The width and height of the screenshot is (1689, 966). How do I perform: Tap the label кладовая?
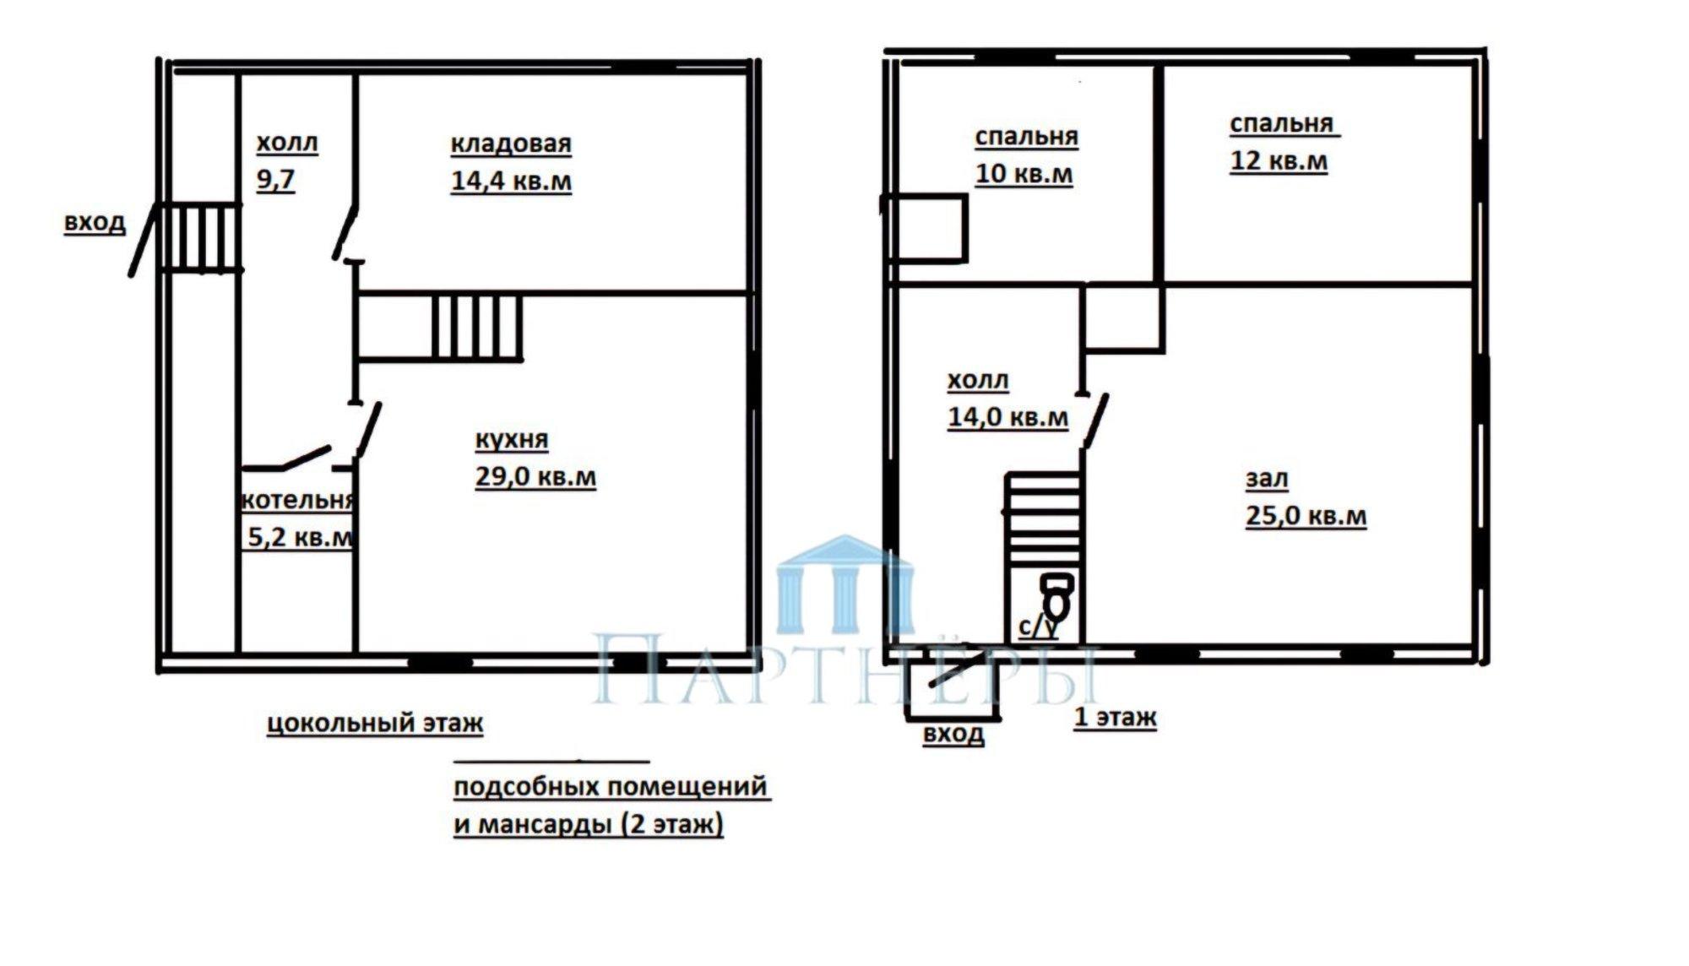[x=511, y=144]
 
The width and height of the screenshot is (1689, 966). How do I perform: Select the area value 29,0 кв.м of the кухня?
[x=535, y=476]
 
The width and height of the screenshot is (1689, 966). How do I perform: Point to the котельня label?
[x=297, y=500]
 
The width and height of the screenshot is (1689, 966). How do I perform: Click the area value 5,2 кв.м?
[x=300, y=537]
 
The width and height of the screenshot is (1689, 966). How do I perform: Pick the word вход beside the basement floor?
[x=95, y=223]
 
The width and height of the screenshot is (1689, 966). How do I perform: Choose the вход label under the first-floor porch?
[x=953, y=733]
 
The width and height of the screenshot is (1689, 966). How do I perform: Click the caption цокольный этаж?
[x=375, y=724]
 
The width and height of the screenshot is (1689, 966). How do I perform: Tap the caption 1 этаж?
[x=1115, y=718]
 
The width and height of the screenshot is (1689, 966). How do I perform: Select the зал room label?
[x=1267, y=480]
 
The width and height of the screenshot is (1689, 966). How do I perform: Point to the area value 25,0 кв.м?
[x=1306, y=515]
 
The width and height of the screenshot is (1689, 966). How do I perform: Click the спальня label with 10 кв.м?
[x=1026, y=137]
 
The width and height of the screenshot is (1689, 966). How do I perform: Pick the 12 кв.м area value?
[x=1279, y=160]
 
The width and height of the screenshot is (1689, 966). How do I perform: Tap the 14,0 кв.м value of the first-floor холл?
[x=1007, y=416]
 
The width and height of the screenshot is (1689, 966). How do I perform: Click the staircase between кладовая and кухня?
[x=478, y=328]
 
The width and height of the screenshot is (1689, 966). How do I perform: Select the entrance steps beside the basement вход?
[x=198, y=237]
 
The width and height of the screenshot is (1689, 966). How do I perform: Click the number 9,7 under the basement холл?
[x=276, y=180]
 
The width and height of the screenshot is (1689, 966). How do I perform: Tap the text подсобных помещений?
[x=611, y=787]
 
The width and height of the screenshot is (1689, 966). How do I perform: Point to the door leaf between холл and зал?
[x=1094, y=420]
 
